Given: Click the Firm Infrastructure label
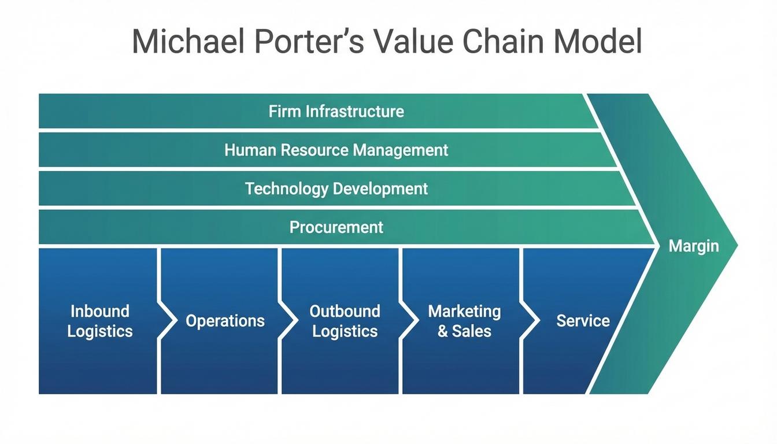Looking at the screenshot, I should (x=336, y=111).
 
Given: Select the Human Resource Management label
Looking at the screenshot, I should (x=336, y=150).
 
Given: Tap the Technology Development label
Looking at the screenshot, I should (x=336, y=188).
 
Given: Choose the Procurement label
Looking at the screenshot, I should (x=336, y=227).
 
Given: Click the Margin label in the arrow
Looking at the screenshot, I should (x=694, y=246).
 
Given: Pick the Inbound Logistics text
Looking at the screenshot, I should (x=100, y=321).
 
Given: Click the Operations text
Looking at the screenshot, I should (x=225, y=321).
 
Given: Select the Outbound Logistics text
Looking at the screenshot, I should (x=345, y=321).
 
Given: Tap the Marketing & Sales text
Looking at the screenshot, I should (x=464, y=321).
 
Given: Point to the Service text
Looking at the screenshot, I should (x=583, y=321).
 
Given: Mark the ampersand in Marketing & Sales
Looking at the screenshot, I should (x=443, y=331).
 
